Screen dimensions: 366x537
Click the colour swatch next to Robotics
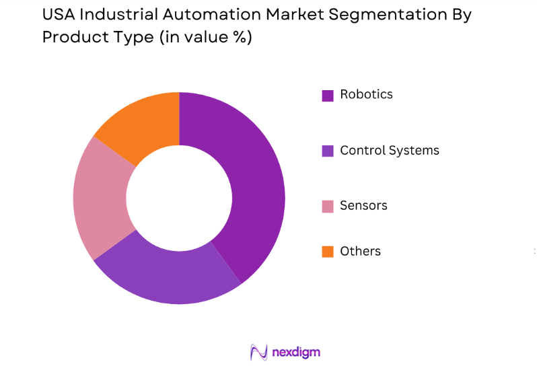[x=328, y=96]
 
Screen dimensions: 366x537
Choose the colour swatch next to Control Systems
[x=328, y=151]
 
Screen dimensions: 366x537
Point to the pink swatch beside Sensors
[x=328, y=207]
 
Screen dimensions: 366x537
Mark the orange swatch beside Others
[x=328, y=252]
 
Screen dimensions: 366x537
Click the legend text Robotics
[x=366, y=94]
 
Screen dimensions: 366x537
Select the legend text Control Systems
[x=390, y=150]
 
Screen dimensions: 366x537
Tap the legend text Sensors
[x=363, y=206]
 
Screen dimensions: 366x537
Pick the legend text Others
[x=360, y=251]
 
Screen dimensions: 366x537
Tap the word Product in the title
[x=73, y=38]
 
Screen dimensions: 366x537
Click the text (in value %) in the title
[x=205, y=38]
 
